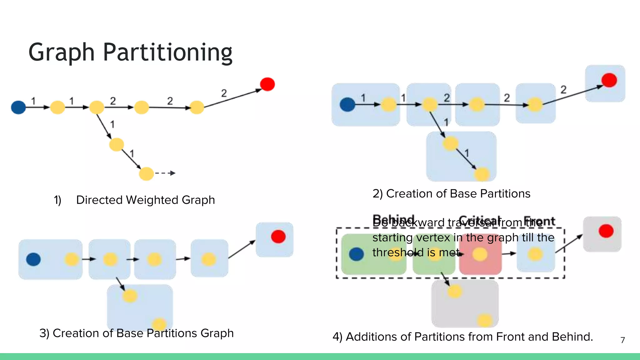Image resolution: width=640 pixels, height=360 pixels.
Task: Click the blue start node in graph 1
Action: pos(18,107)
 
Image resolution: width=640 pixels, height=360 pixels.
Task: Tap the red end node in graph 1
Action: pos(267,84)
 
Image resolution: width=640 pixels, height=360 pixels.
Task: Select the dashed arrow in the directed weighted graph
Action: pos(165,173)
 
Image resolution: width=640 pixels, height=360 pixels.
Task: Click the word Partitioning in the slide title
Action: pos(167,52)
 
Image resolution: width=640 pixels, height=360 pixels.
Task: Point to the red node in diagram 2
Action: pos(609,80)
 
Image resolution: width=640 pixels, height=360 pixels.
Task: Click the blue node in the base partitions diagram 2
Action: pos(347,104)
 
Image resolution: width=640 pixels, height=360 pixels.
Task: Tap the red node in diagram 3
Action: pos(278,237)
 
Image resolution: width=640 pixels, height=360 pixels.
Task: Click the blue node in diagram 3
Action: pos(33,259)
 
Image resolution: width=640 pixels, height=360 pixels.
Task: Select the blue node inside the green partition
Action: pos(356,254)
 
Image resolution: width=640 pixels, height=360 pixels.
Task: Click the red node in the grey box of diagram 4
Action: pos(606,231)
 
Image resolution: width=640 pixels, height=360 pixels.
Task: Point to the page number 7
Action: pos(622,340)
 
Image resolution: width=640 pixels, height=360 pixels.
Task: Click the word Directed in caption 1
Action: pos(99,200)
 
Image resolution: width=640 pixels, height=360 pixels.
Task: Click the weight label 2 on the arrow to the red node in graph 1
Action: pos(224,93)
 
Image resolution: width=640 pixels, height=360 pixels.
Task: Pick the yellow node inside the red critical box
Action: pos(480,254)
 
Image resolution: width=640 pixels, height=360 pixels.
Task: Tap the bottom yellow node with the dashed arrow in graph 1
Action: pos(146,174)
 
